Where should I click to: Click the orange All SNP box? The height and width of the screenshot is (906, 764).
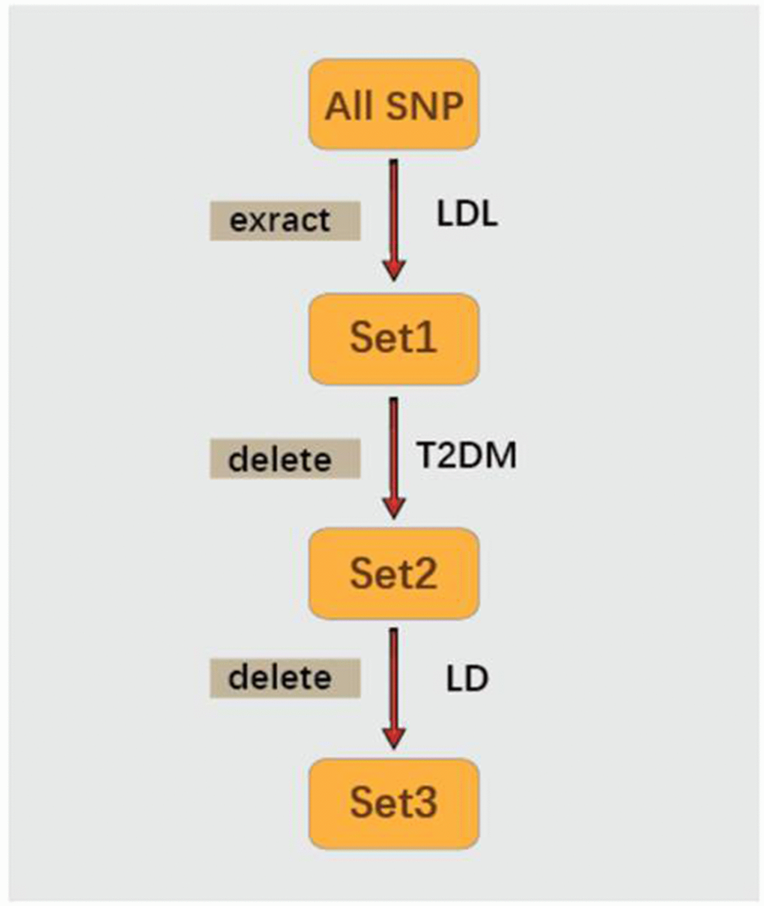(393, 105)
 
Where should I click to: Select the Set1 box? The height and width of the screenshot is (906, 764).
(393, 338)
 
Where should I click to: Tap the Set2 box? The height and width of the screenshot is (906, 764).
(393, 574)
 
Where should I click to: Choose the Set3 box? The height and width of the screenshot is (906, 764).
(393, 803)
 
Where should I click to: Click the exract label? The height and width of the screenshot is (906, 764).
(284, 221)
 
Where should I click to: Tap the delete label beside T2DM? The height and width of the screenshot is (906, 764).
(284, 459)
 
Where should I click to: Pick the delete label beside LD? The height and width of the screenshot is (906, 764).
(284, 678)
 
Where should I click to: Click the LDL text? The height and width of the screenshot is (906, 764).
(467, 215)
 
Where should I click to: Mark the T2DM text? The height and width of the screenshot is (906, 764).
(467, 454)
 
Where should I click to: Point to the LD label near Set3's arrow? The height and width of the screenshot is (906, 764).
(467, 679)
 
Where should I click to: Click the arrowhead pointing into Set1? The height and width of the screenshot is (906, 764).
(394, 269)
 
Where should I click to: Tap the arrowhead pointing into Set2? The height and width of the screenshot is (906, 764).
(394, 506)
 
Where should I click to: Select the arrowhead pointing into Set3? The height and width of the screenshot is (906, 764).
(394, 737)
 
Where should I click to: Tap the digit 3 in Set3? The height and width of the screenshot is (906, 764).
(426, 803)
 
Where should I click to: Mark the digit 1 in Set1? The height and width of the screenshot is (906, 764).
(426, 338)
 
